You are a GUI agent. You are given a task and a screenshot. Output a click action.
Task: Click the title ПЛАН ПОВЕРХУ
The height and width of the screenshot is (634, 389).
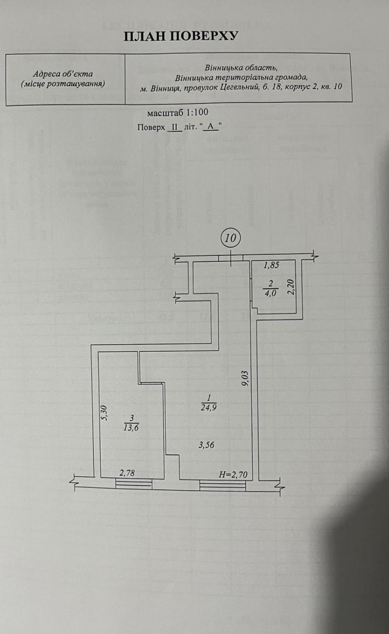coord(181,36)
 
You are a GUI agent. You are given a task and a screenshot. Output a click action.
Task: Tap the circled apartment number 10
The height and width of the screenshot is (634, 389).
coord(230,238)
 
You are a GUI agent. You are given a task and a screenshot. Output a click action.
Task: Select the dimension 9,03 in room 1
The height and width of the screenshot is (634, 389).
coord(245,379)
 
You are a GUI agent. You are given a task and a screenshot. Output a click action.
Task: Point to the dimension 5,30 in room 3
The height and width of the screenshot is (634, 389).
coord(104,413)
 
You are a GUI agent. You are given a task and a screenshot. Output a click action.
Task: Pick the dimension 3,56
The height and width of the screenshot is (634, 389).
coord(206,445)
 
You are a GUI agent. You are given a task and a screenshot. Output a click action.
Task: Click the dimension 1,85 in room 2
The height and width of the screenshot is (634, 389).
coord(271,265)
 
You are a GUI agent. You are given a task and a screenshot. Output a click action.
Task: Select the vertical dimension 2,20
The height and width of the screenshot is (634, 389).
coord(291,287)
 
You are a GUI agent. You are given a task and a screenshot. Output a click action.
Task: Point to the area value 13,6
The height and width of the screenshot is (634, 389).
coord(131,428)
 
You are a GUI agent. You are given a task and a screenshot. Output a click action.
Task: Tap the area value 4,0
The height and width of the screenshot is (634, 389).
coord(271,293)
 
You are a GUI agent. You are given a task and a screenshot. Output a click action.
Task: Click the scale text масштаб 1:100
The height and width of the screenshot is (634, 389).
coord(177,113)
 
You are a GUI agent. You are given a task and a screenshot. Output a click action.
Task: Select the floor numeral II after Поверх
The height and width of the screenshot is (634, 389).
coord(175,127)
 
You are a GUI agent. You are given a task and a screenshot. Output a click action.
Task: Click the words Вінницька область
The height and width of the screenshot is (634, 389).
coord(241,68)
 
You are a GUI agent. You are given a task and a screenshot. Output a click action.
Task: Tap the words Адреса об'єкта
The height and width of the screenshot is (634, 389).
coord(63,74)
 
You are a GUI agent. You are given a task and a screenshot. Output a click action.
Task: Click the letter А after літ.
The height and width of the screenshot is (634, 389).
coord(210,127)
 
